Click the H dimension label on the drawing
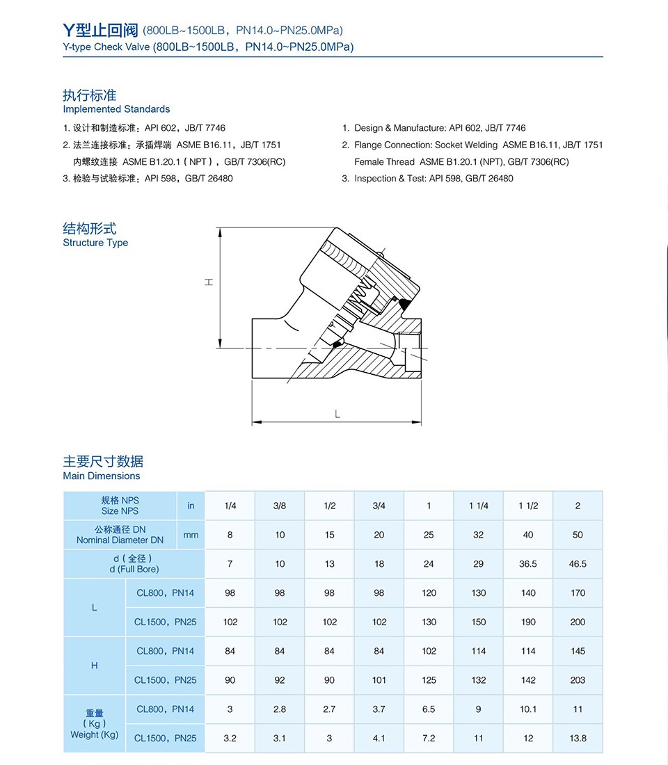209,282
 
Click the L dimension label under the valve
337,414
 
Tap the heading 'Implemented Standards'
116,109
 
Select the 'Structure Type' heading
95,243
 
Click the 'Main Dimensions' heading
102,476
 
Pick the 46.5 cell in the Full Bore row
578,564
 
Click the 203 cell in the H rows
578,680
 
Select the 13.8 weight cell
578,739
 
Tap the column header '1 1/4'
479,506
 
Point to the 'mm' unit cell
191,535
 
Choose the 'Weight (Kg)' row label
95,734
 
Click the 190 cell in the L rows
528,622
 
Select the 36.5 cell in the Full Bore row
528,564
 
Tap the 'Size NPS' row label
120,510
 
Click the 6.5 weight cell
429,709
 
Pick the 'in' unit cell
191,506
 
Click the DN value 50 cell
578,535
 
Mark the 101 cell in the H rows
379,680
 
